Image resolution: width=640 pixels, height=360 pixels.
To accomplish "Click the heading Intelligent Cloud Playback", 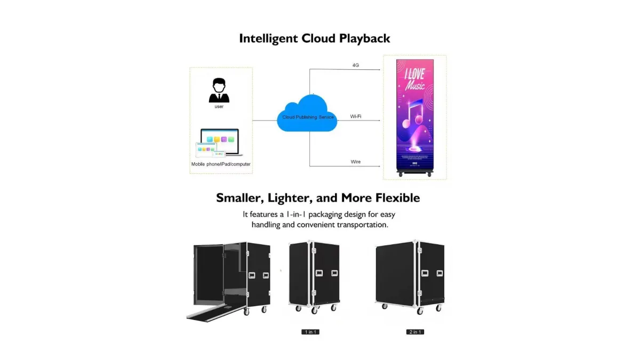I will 314,38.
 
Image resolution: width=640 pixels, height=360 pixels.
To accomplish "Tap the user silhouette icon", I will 219,91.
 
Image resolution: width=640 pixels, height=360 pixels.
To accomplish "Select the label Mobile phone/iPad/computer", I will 221,164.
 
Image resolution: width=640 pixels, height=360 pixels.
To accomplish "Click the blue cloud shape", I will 307,113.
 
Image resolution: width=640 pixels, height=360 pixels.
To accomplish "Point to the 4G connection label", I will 356,65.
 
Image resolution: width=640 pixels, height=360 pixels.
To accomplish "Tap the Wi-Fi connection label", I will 356,116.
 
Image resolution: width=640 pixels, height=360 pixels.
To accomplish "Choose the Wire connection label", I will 356,162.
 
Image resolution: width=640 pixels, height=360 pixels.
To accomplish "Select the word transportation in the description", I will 361,225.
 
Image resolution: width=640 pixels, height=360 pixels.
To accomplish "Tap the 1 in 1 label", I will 310,332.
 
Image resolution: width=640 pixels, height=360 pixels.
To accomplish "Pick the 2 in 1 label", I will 415,332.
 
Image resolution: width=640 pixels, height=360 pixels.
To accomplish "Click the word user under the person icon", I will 219,107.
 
